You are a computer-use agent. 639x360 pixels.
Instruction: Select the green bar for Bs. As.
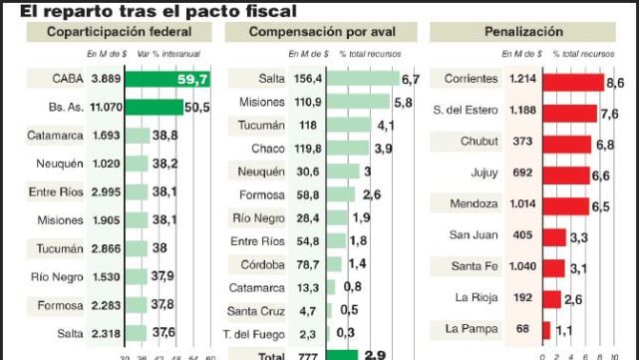(155, 107)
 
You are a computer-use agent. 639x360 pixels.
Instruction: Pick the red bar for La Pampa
(545, 329)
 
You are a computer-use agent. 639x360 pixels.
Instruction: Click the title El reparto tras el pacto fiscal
(151, 11)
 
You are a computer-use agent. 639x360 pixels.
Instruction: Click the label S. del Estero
(467, 112)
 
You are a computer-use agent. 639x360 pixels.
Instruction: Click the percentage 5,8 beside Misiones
(403, 103)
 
